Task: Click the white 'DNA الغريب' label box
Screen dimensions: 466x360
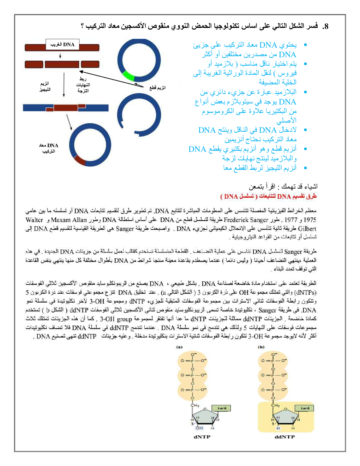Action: click(62, 44)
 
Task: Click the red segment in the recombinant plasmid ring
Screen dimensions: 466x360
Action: click(80, 161)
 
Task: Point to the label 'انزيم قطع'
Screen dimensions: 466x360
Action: click(157, 88)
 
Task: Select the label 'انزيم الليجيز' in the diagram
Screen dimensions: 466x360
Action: click(45, 86)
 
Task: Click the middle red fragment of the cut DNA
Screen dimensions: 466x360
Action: click(62, 64)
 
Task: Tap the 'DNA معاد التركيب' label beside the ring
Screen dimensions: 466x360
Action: click(49, 148)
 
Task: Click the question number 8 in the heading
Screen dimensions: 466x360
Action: click(325, 26)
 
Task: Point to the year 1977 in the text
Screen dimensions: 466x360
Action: click(291, 220)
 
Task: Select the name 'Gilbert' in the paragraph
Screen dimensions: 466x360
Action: click(307, 229)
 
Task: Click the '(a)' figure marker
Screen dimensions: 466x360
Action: click(179, 347)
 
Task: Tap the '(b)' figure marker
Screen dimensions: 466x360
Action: click(261, 347)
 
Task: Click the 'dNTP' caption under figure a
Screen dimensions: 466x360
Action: click(202, 437)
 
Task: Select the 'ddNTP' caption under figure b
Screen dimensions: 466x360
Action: click(284, 437)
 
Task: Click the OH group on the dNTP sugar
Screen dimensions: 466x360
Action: click(199, 428)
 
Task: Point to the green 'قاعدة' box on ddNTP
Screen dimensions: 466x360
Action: click(305, 408)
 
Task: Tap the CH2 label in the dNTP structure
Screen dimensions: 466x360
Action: click(195, 405)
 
